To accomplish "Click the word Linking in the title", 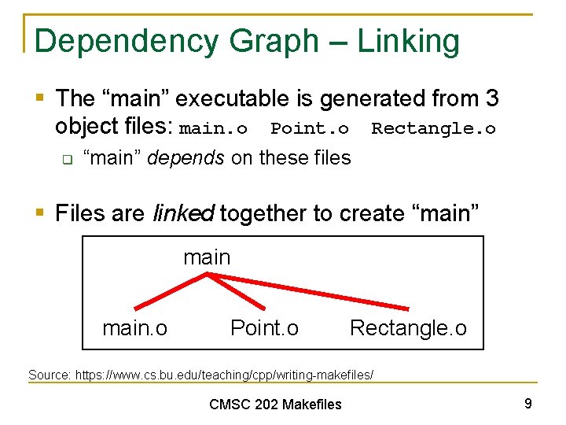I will [x=409, y=42].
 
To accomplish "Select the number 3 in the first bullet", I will [x=492, y=99].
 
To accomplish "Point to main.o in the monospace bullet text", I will [x=214, y=128].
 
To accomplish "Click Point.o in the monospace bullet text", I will [x=310, y=128].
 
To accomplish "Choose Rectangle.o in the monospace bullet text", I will [x=433, y=128].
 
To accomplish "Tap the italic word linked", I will [x=184, y=213].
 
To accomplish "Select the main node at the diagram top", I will [x=207, y=257].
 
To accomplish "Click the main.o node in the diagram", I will [x=134, y=327].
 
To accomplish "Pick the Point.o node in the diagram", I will [x=264, y=327].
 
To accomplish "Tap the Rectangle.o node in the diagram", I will [x=408, y=327].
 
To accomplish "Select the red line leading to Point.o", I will [x=237, y=291].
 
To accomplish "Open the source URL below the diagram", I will [x=224, y=375].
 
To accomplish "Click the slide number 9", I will [x=528, y=404].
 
